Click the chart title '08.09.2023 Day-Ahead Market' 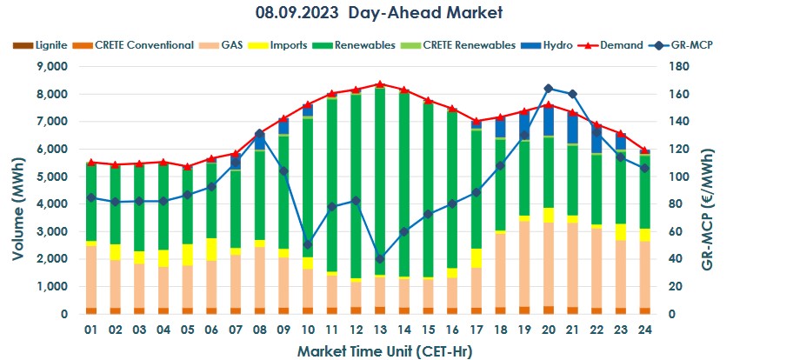pyautogui.click(x=379, y=13)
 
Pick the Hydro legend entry pyautogui.click(x=555, y=44)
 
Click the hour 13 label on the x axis pyautogui.click(x=380, y=331)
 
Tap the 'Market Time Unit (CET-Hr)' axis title pyautogui.click(x=379, y=351)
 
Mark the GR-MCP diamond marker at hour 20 pyautogui.click(x=549, y=89)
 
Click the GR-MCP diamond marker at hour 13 pyautogui.click(x=380, y=258)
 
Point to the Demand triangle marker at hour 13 pyautogui.click(x=380, y=84)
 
